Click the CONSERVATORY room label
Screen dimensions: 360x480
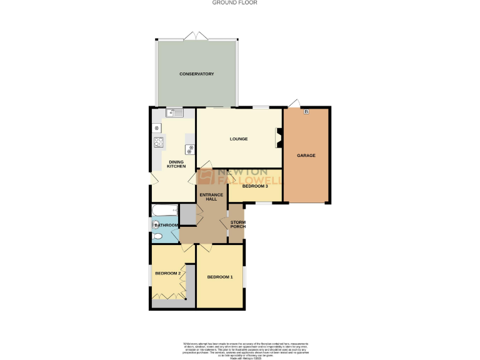(197, 74)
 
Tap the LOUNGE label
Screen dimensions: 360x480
(238, 139)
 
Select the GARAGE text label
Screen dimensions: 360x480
(306, 155)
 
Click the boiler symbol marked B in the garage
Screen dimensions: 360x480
(306, 112)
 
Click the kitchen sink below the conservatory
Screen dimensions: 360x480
(174, 112)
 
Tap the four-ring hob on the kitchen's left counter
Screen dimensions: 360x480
(158, 142)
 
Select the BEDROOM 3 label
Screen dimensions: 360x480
(255, 186)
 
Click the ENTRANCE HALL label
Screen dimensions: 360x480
(211, 197)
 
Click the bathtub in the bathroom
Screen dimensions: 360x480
(164, 211)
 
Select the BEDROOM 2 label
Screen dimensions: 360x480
(167, 273)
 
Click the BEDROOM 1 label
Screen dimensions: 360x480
(220, 277)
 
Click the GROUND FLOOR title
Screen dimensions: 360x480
(234, 3)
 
